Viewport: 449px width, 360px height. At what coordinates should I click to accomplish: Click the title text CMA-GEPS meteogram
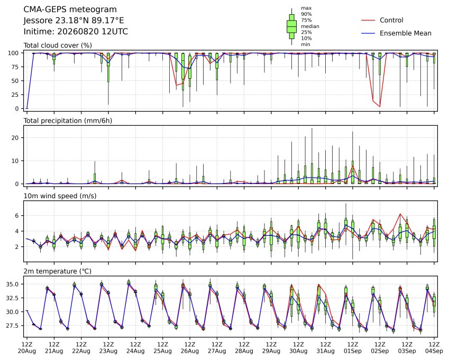click(70, 10)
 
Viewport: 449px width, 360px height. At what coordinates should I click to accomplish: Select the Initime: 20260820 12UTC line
click(76, 32)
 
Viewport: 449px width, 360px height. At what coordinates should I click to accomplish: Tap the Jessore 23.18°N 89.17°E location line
click(74, 21)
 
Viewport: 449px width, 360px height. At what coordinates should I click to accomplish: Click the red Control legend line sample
click(368, 20)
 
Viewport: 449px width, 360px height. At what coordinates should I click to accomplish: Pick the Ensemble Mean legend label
click(406, 33)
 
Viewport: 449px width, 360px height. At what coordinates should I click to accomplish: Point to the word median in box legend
click(310, 26)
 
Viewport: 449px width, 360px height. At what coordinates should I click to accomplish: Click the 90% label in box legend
click(306, 14)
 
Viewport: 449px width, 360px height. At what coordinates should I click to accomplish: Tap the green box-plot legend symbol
click(291, 26)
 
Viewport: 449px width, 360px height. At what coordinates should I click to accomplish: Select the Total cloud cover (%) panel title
click(58, 45)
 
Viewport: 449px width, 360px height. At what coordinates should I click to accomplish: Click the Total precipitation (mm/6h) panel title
click(68, 121)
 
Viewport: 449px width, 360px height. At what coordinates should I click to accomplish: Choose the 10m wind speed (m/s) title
click(60, 196)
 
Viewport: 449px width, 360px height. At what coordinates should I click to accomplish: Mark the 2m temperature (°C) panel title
click(57, 271)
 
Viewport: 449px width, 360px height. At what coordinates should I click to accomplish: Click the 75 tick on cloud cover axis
click(15, 67)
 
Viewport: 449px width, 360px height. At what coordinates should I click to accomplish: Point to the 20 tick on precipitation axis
click(15, 138)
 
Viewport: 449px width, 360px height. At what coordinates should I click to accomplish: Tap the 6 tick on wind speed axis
click(17, 216)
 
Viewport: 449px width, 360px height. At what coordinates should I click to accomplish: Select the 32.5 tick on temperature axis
click(12, 298)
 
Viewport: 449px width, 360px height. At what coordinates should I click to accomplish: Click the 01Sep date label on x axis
click(353, 351)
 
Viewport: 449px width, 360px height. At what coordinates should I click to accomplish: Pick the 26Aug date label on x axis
click(189, 351)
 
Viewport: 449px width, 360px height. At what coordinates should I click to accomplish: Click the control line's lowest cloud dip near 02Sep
click(380, 106)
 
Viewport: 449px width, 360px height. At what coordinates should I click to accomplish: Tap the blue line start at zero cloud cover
click(27, 108)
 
